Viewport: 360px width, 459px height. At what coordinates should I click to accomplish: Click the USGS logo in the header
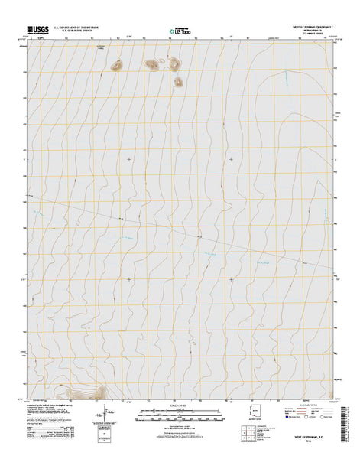click(x=36, y=31)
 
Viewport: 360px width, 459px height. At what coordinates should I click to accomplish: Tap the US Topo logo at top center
click(x=180, y=33)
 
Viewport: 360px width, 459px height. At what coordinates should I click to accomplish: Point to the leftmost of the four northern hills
click(x=116, y=67)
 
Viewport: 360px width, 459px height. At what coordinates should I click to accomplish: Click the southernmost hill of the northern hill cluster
click(x=177, y=80)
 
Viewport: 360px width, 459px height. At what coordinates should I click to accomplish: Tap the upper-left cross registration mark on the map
click(x=128, y=159)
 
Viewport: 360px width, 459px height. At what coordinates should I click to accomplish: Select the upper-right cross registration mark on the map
click(x=232, y=159)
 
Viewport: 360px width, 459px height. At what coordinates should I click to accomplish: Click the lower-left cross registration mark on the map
click(x=128, y=279)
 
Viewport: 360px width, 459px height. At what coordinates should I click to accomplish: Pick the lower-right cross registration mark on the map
click(x=232, y=279)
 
